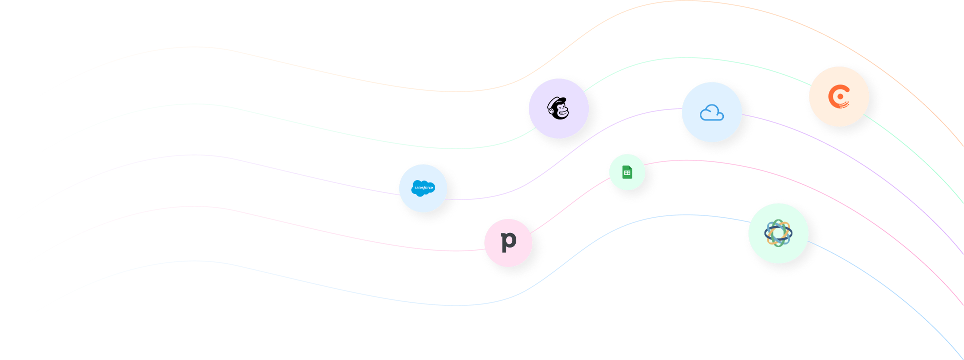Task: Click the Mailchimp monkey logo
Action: tap(558, 108)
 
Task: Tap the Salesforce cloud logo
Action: tap(423, 188)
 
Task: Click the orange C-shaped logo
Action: tap(839, 96)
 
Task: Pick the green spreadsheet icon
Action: tap(627, 172)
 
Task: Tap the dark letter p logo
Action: tap(508, 241)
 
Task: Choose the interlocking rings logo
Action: tap(778, 233)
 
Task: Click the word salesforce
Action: tap(424, 188)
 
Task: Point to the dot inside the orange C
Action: tap(840, 96)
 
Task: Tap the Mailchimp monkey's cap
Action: tap(556, 101)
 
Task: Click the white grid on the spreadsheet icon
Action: tap(627, 173)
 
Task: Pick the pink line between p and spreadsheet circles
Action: tap(570, 205)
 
